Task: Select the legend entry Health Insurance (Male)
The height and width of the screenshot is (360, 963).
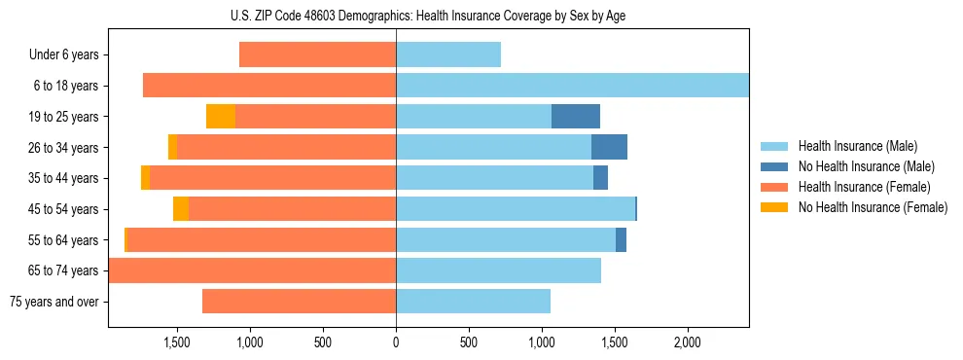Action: (857, 146)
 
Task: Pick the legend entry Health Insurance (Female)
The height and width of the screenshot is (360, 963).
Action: (864, 187)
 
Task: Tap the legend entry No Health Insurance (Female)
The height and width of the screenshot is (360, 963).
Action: (873, 207)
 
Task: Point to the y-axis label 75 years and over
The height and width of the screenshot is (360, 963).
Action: (53, 302)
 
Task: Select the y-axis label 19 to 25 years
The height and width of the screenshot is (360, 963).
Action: (63, 117)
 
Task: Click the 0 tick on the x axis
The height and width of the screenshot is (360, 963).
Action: (396, 342)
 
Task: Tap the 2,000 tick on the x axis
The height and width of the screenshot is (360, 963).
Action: (688, 342)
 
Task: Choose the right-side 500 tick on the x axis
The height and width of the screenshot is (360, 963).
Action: (469, 342)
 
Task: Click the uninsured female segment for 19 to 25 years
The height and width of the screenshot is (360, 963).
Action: (221, 117)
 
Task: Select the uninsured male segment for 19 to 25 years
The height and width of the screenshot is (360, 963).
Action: (576, 117)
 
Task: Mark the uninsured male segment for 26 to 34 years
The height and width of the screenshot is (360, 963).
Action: (609, 147)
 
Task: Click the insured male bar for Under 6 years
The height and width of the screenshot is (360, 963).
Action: (448, 55)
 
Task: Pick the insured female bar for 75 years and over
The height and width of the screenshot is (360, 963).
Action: (299, 302)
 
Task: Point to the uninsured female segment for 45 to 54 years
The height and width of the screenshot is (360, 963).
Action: (181, 209)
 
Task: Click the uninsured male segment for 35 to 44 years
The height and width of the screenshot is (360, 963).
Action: (600, 178)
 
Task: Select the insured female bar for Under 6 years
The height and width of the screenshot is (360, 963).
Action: (317, 55)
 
